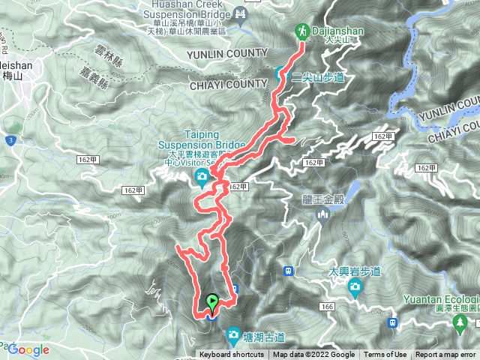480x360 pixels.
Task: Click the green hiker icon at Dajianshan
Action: [x=302, y=31]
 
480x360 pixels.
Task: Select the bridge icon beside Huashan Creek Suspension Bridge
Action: [x=241, y=13]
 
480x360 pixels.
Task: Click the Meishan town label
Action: [x=15, y=70]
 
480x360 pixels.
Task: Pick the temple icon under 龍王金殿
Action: [x=324, y=215]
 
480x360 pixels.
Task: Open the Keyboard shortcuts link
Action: [x=232, y=355]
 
